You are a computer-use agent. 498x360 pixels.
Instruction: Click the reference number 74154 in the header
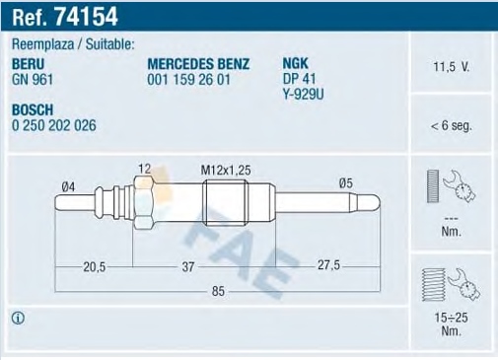pyautogui.click(x=86, y=16)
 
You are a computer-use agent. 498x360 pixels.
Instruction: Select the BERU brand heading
pyautogui.click(x=28, y=64)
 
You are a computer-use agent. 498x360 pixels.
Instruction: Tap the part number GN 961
pyautogui.click(x=33, y=80)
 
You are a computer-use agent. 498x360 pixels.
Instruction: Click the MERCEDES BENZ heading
pyautogui.click(x=198, y=64)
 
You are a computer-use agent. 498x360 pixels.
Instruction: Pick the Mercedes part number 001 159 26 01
pyautogui.click(x=188, y=80)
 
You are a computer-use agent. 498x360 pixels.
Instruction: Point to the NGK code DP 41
pyautogui.click(x=299, y=79)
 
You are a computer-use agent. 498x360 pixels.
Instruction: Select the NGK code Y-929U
pyautogui.click(x=303, y=95)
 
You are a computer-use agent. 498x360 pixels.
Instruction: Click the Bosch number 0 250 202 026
pyautogui.click(x=54, y=125)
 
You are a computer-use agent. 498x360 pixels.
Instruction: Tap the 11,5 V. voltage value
pyautogui.click(x=452, y=67)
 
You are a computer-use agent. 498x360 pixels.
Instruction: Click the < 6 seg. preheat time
pyautogui.click(x=451, y=125)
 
